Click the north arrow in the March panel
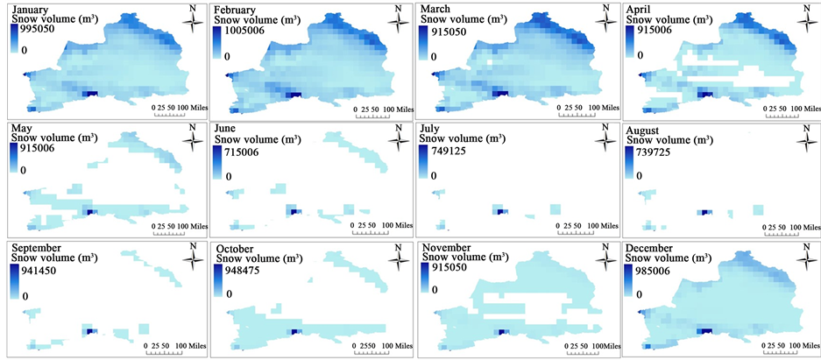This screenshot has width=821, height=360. click(604, 17)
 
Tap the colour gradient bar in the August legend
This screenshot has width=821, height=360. click(629, 163)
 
